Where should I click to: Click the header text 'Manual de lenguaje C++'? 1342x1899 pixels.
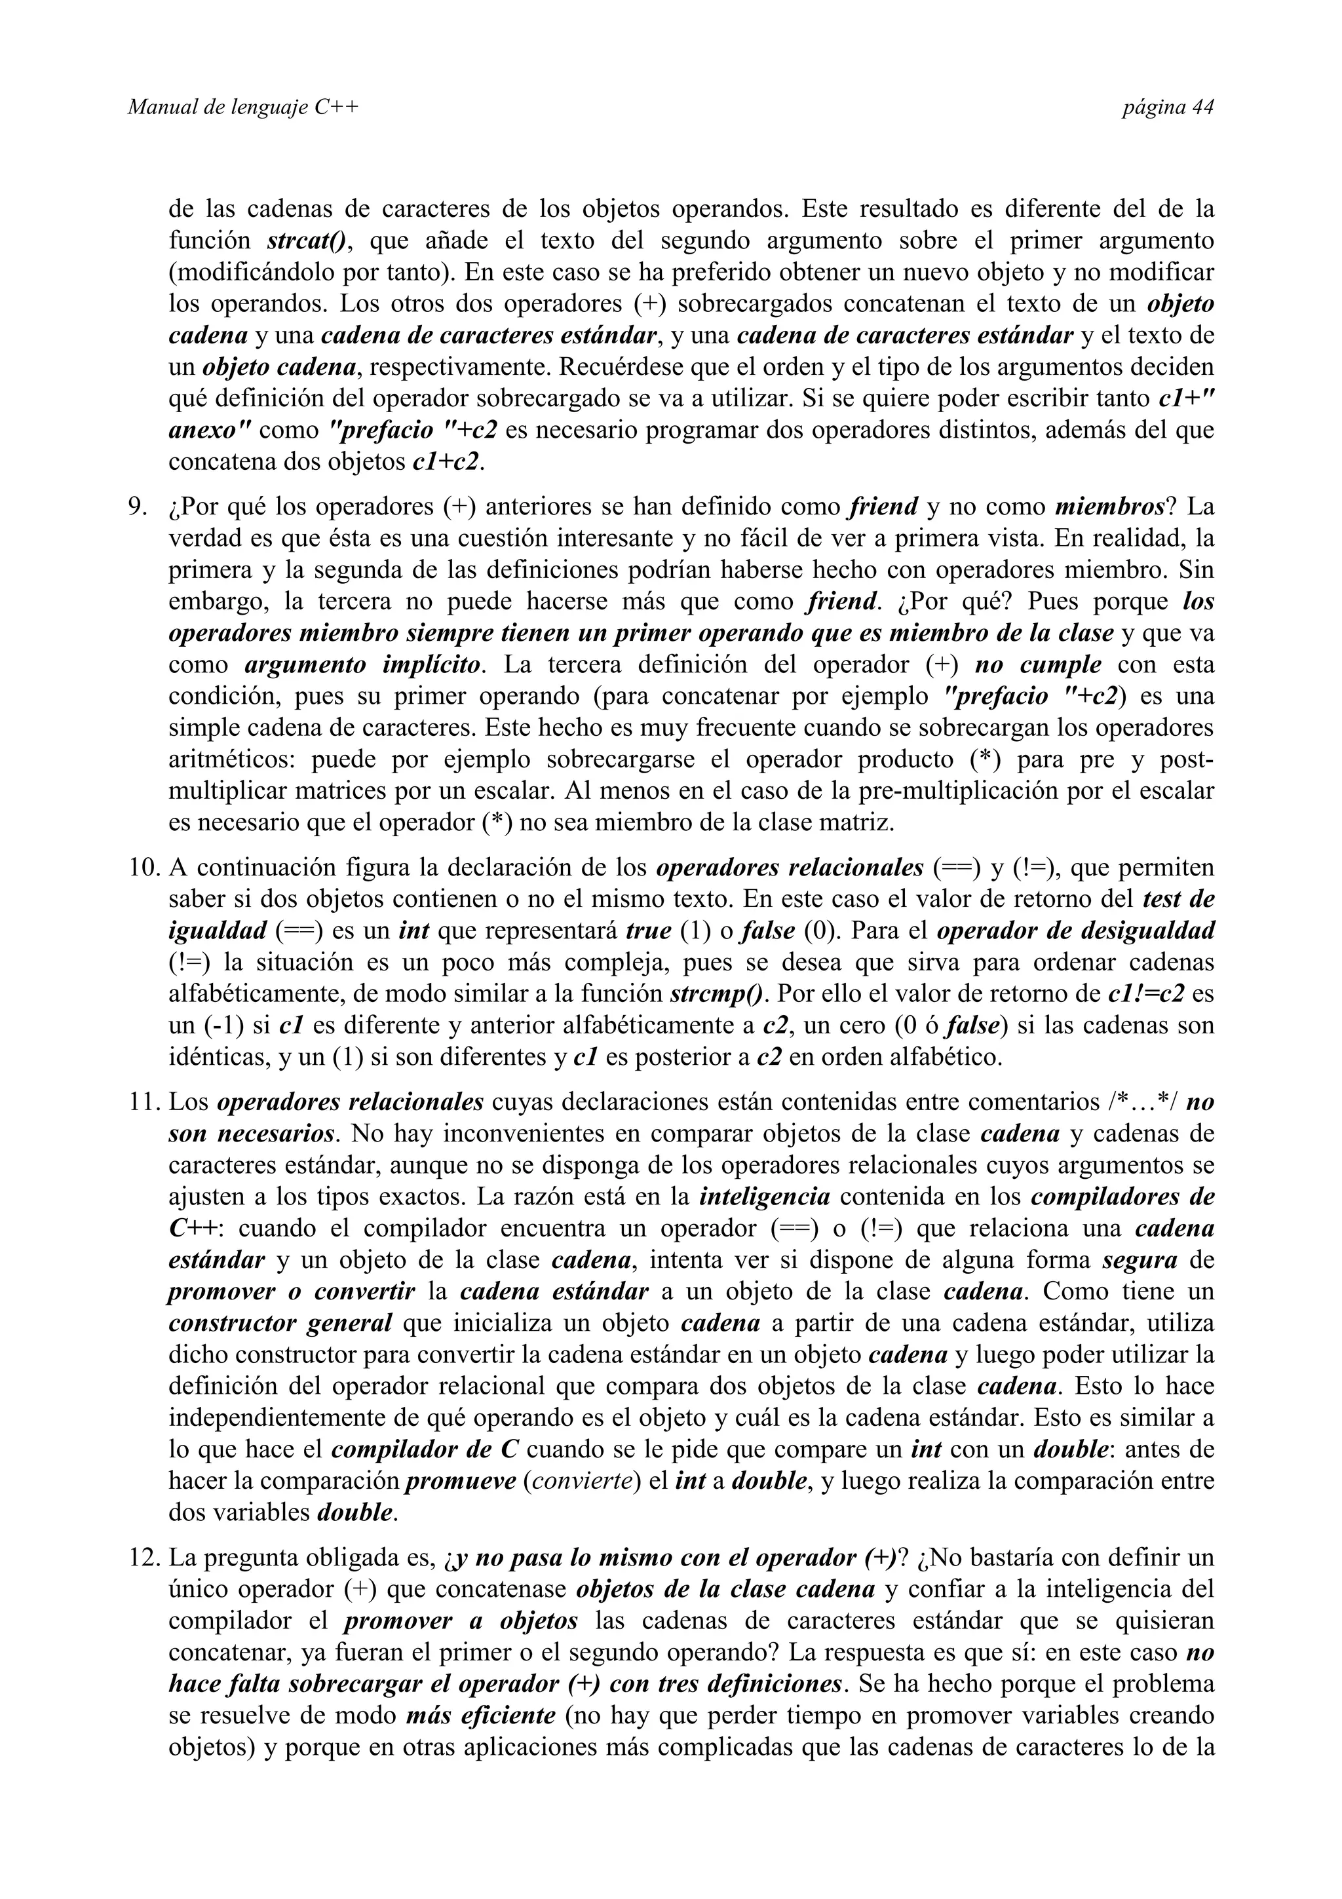243,107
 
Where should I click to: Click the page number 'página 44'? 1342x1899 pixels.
1168,107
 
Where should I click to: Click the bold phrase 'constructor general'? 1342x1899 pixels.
280,1324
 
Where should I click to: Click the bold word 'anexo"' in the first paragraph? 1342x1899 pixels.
209,430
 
